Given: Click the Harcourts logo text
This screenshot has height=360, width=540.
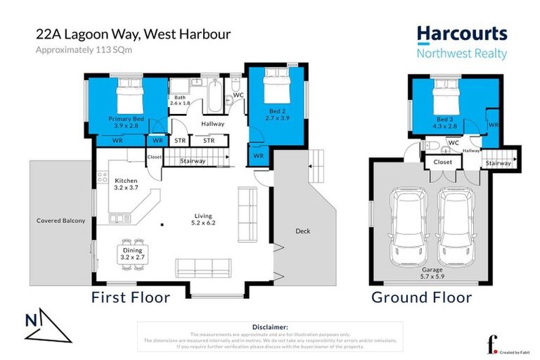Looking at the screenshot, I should tap(461, 34).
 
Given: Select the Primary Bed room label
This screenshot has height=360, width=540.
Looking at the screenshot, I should tap(126, 120).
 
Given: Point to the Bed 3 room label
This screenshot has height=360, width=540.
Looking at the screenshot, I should tap(445, 120).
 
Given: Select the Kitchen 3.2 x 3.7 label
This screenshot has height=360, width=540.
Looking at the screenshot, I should tap(127, 185).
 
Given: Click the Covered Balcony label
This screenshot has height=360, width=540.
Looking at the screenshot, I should tap(60, 221).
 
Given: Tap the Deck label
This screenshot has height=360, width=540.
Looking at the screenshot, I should tap(303, 231).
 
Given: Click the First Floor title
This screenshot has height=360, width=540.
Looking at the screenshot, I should tap(131, 297).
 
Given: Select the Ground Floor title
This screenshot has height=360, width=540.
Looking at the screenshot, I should tap(421, 297).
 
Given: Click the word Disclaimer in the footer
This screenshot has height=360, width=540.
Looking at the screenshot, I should tap(269, 327).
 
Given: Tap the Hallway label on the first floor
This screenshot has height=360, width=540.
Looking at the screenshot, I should tap(212, 124).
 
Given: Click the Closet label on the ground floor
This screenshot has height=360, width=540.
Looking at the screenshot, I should tap(443, 161).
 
